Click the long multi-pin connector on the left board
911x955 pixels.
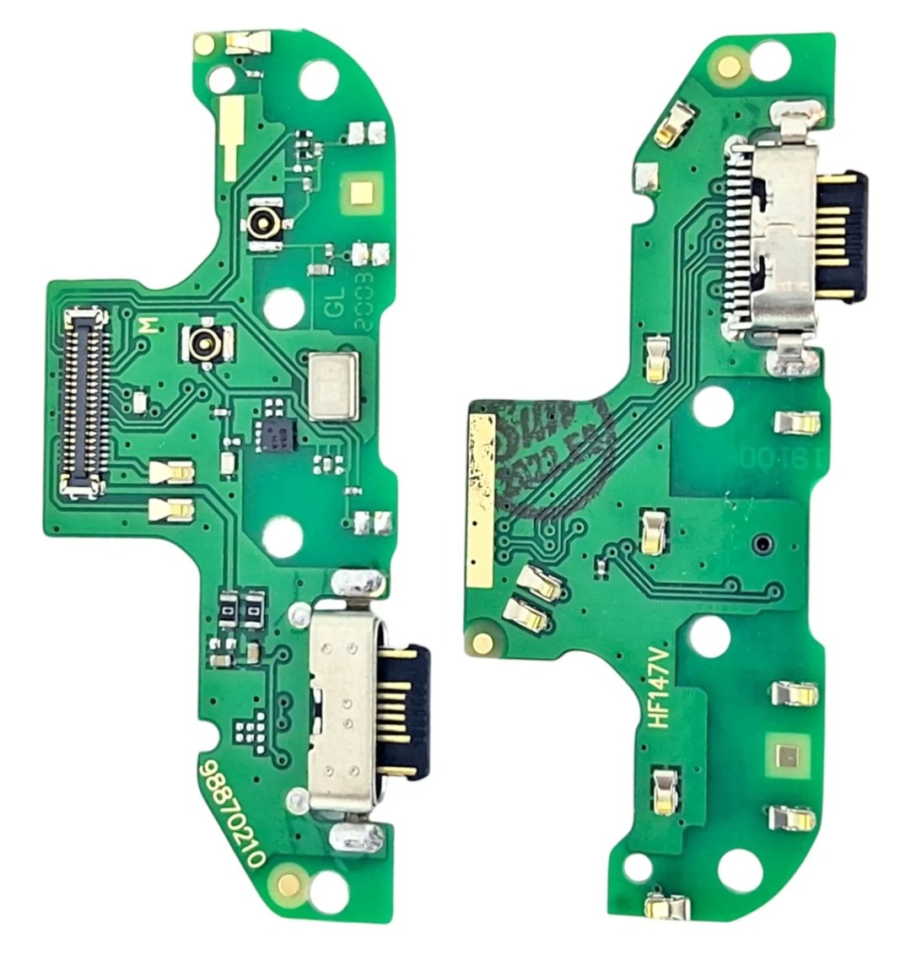(85, 401)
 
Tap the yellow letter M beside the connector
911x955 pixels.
(148, 326)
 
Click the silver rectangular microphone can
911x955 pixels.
(333, 386)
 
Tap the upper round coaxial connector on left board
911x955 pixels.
(263, 224)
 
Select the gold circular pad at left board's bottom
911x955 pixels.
(288, 883)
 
